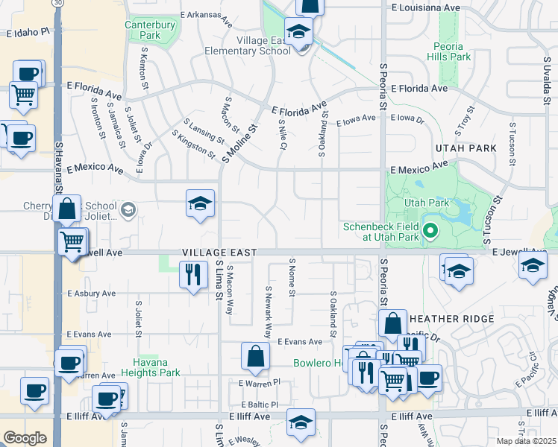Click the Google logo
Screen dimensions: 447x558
[25, 438]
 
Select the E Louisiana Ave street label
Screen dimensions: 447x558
[425, 7]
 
